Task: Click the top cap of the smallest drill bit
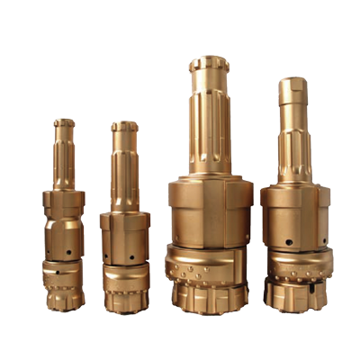click(x=64, y=122)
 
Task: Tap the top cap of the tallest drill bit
click(x=209, y=64)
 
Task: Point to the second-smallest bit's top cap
click(x=124, y=127)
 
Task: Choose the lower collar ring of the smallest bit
click(x=65, y=270)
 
